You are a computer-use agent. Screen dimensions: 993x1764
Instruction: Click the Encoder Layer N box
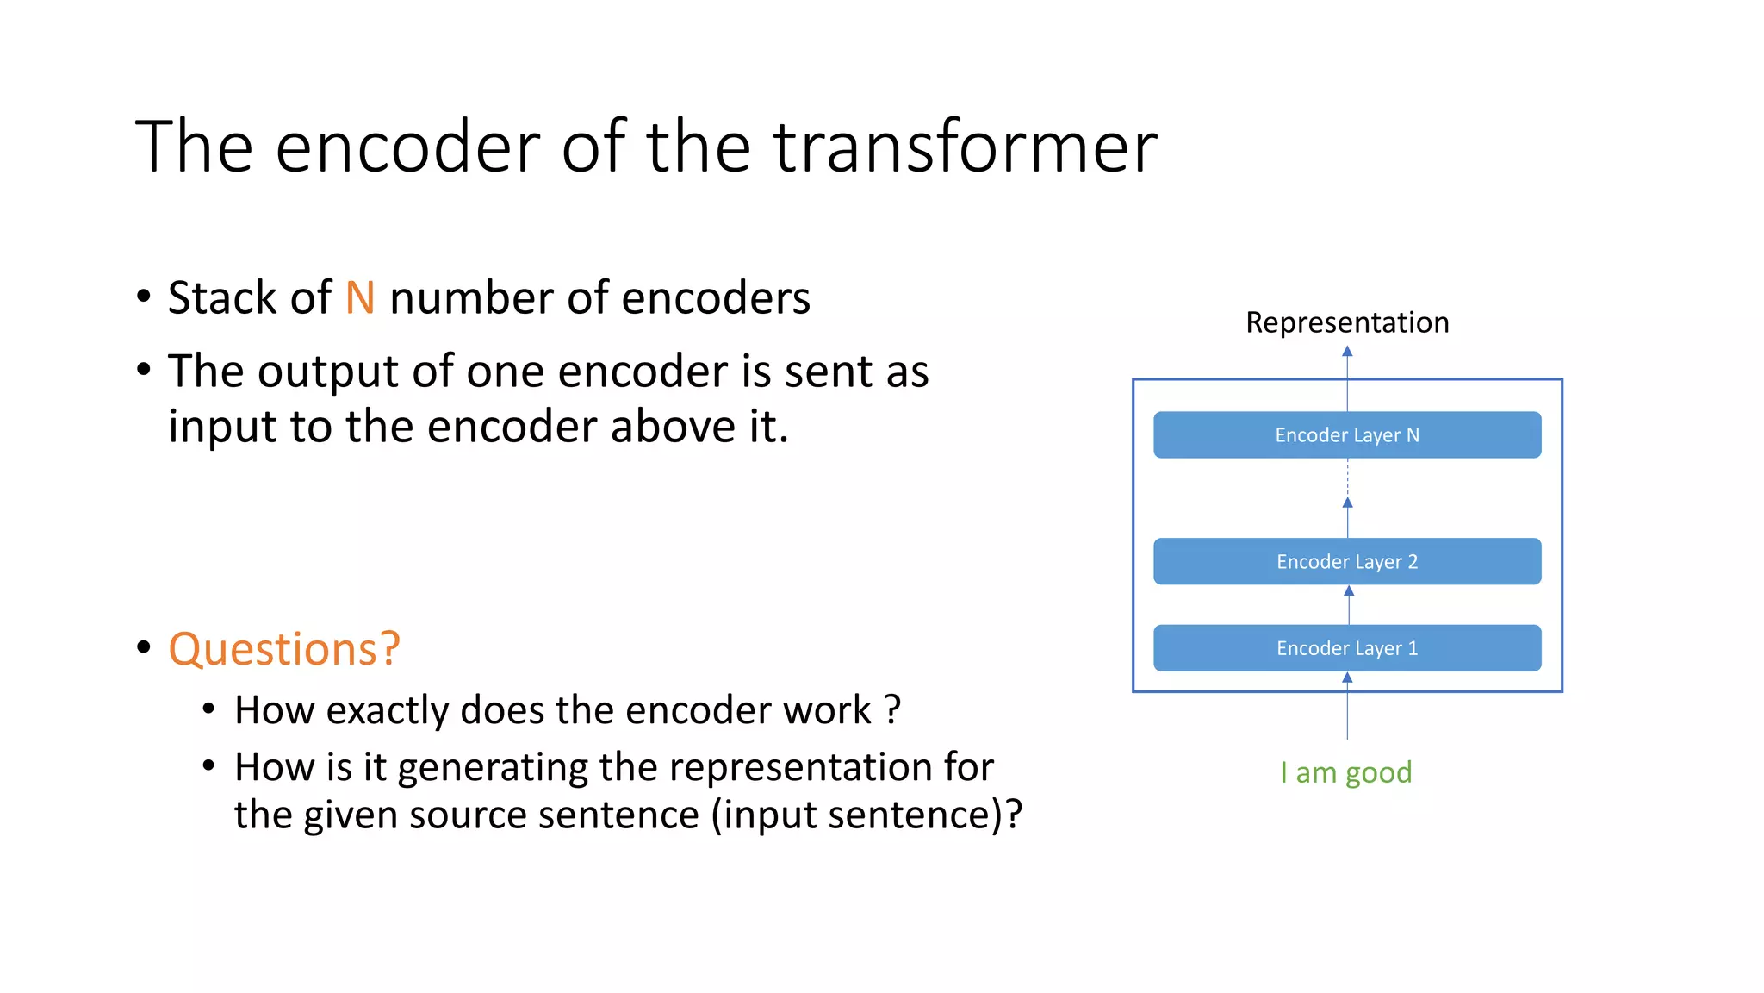1347,435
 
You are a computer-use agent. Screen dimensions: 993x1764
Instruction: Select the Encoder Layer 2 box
1347,562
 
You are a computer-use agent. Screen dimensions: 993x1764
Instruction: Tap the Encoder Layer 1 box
1347,648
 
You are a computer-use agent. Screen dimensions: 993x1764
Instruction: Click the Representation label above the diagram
1347,322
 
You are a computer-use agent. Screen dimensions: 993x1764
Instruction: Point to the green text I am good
1345,772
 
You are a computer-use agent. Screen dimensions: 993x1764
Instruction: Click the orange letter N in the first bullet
360,298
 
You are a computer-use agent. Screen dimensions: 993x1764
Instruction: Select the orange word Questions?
284,649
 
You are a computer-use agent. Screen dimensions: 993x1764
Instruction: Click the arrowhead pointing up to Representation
1347,352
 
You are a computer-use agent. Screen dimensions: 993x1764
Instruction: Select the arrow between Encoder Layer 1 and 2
1349,605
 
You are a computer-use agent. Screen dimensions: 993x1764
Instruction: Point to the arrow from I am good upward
1347,711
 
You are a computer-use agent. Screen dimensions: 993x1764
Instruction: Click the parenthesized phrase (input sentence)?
866,815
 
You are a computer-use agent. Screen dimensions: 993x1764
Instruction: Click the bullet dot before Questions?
144,647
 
